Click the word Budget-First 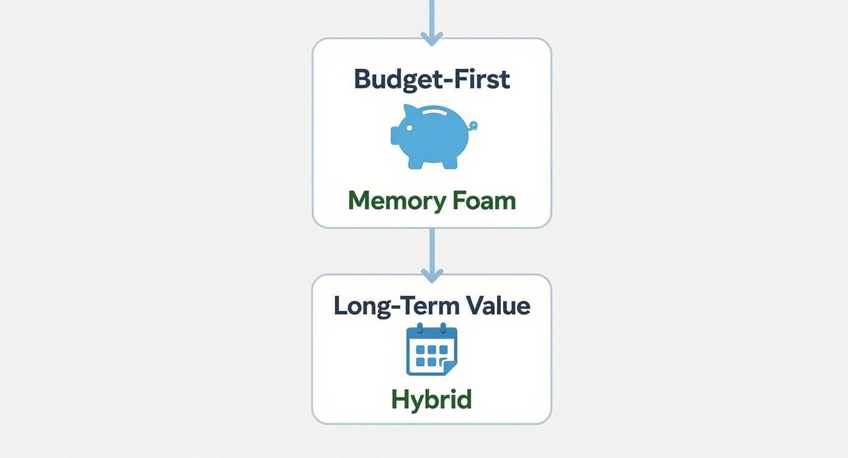point(431,80)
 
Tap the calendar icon point(431,350)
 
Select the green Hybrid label point(431,400)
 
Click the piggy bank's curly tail point(473,125)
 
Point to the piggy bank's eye point(408,127)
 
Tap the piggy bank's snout point(395,136)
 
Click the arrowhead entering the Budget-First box point(431,37)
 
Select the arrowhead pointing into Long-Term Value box point(431,275)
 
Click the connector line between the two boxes point(431,247)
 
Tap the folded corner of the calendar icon point(450,368)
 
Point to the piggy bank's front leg point(414,163)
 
